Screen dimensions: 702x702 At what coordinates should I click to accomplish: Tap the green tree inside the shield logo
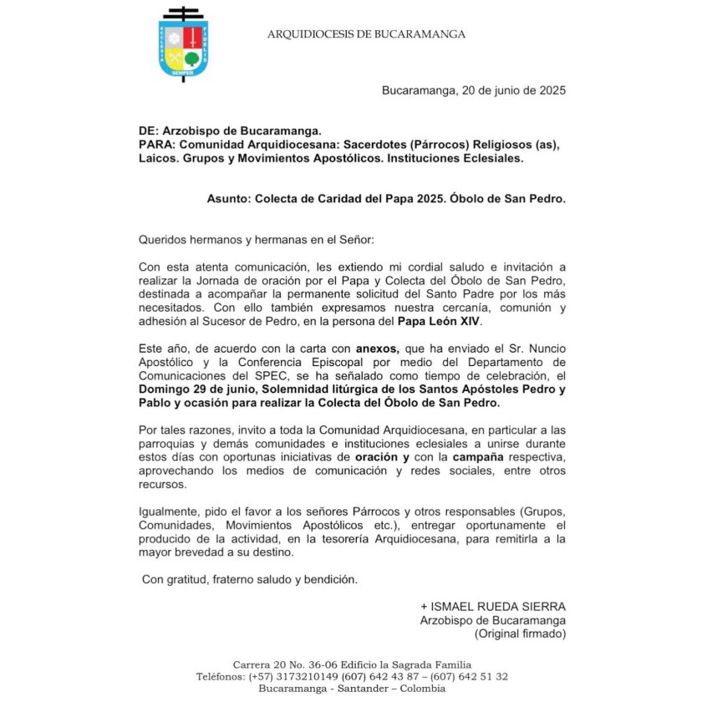[191, 58]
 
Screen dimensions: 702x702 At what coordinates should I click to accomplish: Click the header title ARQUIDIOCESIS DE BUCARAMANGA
[366, 34]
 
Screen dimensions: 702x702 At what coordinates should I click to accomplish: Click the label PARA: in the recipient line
[157, 145]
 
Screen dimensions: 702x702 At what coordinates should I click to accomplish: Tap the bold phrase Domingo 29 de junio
[194, 389]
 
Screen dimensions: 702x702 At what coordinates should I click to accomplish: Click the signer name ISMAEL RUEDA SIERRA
[493, 606]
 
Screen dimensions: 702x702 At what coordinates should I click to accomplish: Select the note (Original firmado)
[520, 633]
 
